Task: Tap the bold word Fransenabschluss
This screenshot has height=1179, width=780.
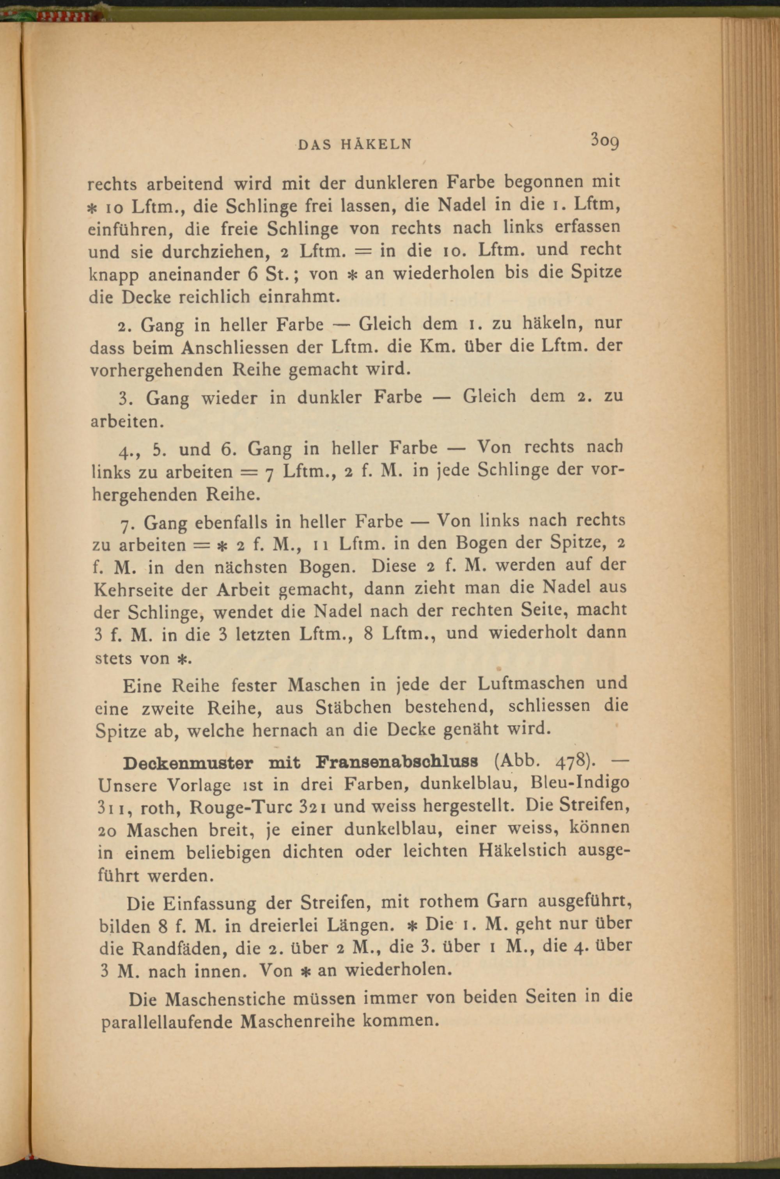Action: pyautogui.click(x=397, y=762)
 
